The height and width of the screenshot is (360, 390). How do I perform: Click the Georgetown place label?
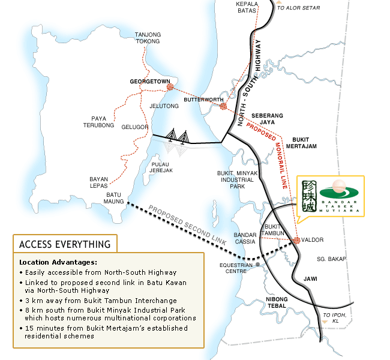[150, 80]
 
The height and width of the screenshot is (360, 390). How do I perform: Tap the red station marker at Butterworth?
[223, 106]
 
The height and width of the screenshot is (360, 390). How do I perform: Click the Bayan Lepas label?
[103, 183]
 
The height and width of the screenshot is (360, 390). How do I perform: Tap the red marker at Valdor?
[296, 241]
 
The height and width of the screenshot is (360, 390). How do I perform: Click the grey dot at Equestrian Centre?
[257, 264]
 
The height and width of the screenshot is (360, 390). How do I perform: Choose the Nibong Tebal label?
[277, 302]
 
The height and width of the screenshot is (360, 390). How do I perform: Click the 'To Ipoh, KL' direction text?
[335, 318]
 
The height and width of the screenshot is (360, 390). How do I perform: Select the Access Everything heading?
[65, 244]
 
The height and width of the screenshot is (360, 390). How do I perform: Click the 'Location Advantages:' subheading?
[58, 263]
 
